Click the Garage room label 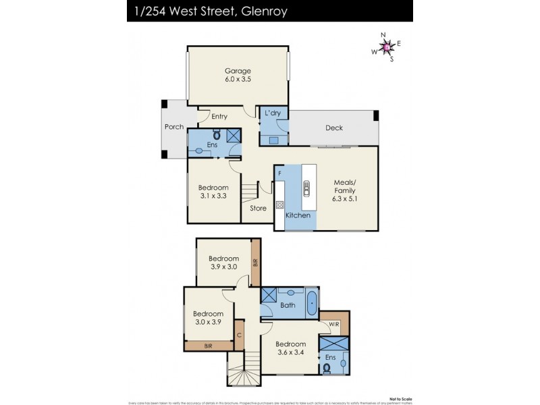pyautogui.click(x=238, y=71)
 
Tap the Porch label pyautogui.click(x=174, y=127)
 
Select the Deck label pyautogui.click(x=334, y=128)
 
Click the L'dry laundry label pyautogui.click(x=273, y=113)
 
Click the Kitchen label pyautogui.click(x=298, y=215)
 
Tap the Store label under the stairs pyautogui.click(x=258, y=209)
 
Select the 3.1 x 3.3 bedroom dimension pyautogui.click(x=213, y=197)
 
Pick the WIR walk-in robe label pyautogui.click(x=335, y=325)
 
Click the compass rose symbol pyautogui.click(x=387, y=46)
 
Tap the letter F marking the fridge pyautogui.click(x=279, y=174)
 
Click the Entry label pyautogui.click(x=219, y=117)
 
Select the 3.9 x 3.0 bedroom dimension pyautogui.click(x=223, y=268)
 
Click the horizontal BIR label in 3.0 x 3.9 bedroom pyautogui.click(x=209, y=346)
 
